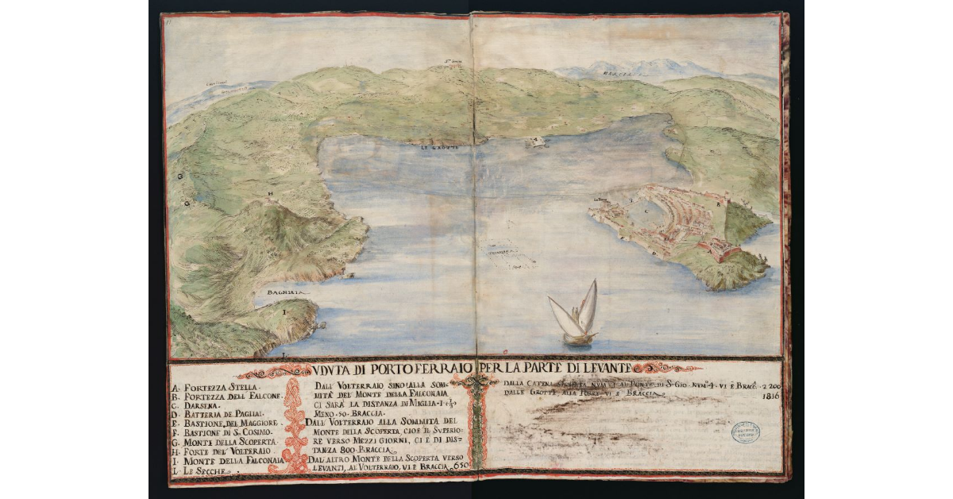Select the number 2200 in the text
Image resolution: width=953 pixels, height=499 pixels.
(x=766, y=387)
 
